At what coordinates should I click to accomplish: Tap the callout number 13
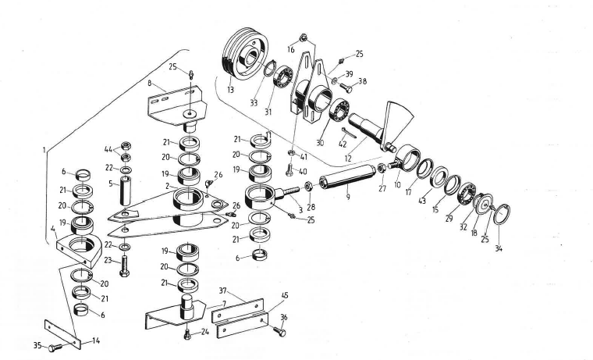pos(229,90)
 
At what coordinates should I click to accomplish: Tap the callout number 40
pos(302,171)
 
